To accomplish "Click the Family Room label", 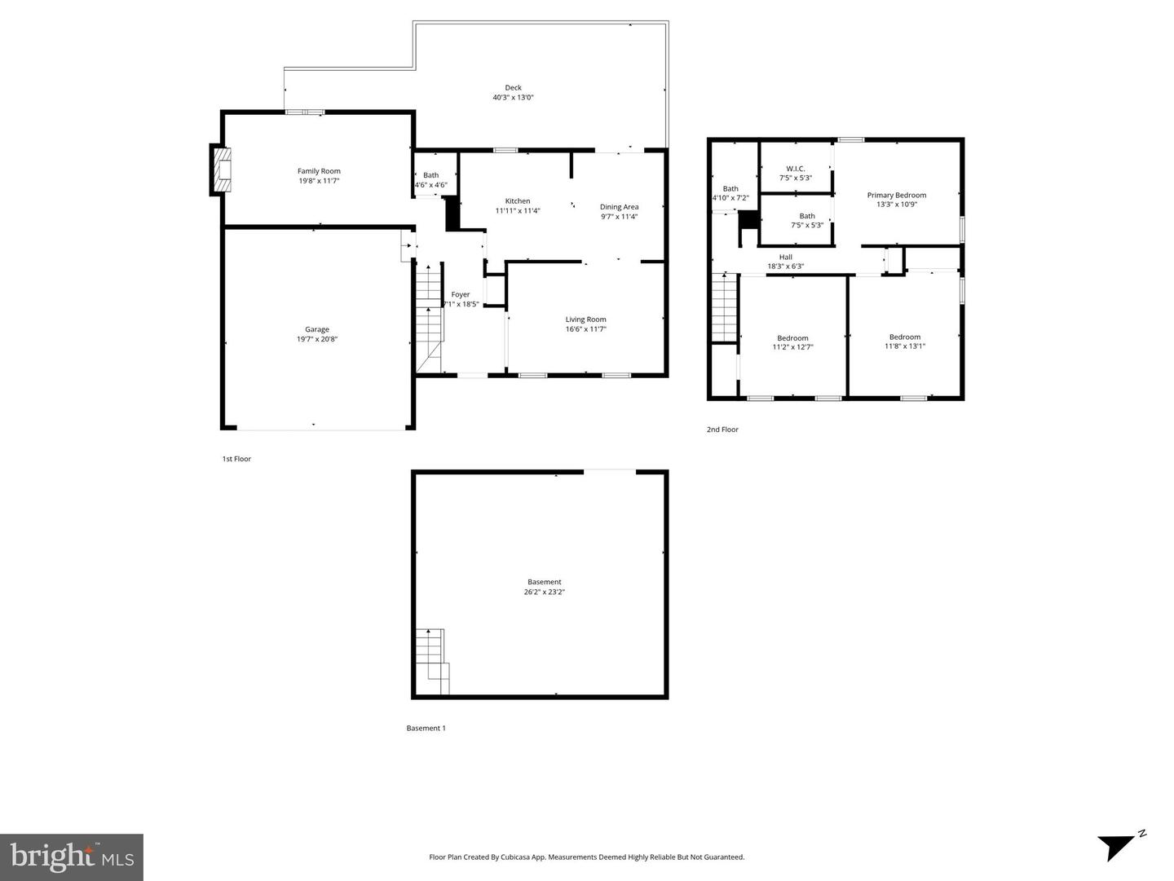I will click(x=319, y=171).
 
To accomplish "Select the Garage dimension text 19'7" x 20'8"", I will click(x=317, y=339).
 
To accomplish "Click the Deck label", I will click(x=513, y=88).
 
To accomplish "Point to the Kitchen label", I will click(x=518, y=201).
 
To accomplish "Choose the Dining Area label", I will click(x=619, y=207).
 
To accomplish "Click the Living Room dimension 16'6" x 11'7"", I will click(x=585, y=329).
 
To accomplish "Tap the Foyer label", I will click(x=461, y=295).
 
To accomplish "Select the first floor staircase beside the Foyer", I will click(x=429, y=318).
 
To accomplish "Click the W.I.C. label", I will click(x=795, y=169).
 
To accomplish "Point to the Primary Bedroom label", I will click(x=896, y=196).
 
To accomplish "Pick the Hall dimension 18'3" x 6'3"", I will click(x=785, y=267).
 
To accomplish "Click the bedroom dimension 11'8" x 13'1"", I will click(x=905, y=346).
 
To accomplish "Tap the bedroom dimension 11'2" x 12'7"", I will click(x=792, y=347).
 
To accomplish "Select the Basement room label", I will click(x=544, y=583).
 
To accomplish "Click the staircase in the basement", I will click(x=431, y=660).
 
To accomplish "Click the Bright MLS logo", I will click(x=72, y=857).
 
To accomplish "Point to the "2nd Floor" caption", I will click(x=722, y=429).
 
